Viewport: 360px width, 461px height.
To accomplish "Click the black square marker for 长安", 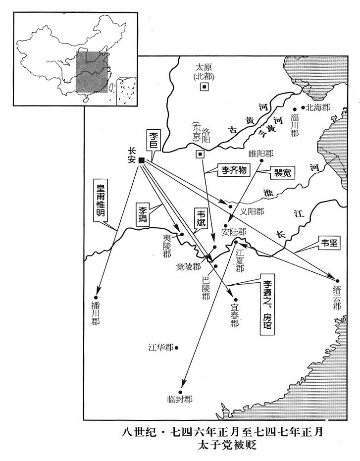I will (x=142, y=160).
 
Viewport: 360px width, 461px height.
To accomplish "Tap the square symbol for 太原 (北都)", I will (x=204, y=87).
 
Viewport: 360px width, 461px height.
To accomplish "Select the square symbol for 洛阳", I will (x=200, y=154).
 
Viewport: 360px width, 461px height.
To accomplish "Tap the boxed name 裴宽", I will (x=280, y=173).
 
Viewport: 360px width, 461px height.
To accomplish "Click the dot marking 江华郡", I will (x=177, y=348).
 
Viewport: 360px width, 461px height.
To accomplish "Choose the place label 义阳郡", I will (x=252, y=211).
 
